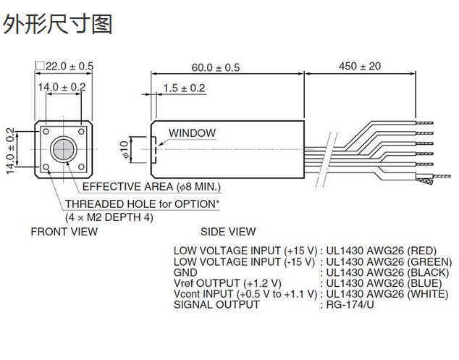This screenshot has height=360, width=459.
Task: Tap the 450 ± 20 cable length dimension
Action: pyautogui.click(x=359, y=67)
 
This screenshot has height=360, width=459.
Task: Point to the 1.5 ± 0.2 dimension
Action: pyautogui.click(x=184, y=88)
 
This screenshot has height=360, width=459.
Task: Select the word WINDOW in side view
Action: pyautogui.click(x=192, y=133)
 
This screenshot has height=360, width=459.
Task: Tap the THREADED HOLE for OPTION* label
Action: pyautogui.click(x=142, y=204)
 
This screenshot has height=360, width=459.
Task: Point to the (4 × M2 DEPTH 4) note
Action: pyautogui.click(x=109, y=217)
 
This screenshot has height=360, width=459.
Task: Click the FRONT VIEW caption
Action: pyautogui.click(x=64, y=232)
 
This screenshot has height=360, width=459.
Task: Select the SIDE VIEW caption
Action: pyautogui.click(x=228, y=232)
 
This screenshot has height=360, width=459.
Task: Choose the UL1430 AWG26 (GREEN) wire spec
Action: pyautogui.click(x=389, y=261)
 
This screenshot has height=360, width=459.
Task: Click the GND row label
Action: pyautogui.click(x=185, y=272)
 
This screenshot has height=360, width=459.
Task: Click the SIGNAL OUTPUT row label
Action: pyautogui.click(x=216, y=304)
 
